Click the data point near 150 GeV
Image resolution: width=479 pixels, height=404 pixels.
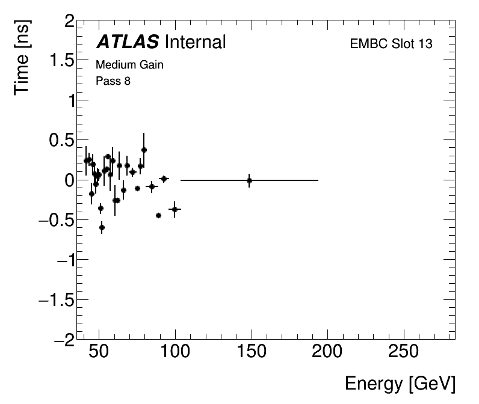click(x=249, y=180)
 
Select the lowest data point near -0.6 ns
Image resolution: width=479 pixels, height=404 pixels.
click(x=102, y=227)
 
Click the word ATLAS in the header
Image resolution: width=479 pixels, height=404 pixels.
click(x=128, y=42)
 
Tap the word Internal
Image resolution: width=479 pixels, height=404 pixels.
click(x=194, y=42)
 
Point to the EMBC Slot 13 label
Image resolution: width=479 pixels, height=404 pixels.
click(x=391, y=44)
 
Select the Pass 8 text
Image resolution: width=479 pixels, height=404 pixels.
click(x=113, y=81)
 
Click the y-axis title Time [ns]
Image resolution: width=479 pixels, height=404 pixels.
click(x=23, y=57)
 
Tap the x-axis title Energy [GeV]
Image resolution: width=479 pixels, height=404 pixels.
click(x=400, y=384)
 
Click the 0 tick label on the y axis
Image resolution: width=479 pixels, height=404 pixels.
click(x=69, y=181)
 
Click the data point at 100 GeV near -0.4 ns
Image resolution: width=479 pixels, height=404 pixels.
click(x=175, y=209)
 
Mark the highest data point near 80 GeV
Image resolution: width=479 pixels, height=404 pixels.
click(x=144, y=150)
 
